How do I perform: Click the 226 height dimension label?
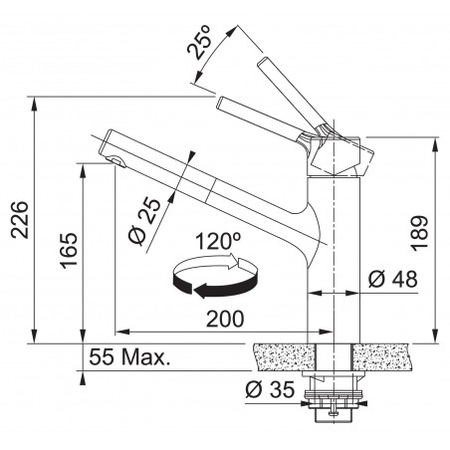tap(20, 219)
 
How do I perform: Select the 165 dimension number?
tap(69, 251)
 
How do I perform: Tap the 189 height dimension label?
tap(419, 233)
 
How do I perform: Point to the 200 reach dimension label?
tap(225, 320)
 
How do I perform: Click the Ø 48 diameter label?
tap(392, 279)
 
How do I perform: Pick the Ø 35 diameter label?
tap(270, 389)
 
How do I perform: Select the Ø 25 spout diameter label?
tap(144, 221)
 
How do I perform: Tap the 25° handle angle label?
tap(200, 42)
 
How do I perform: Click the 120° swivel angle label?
tap(218, 241)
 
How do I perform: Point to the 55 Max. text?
tap(129, 357)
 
